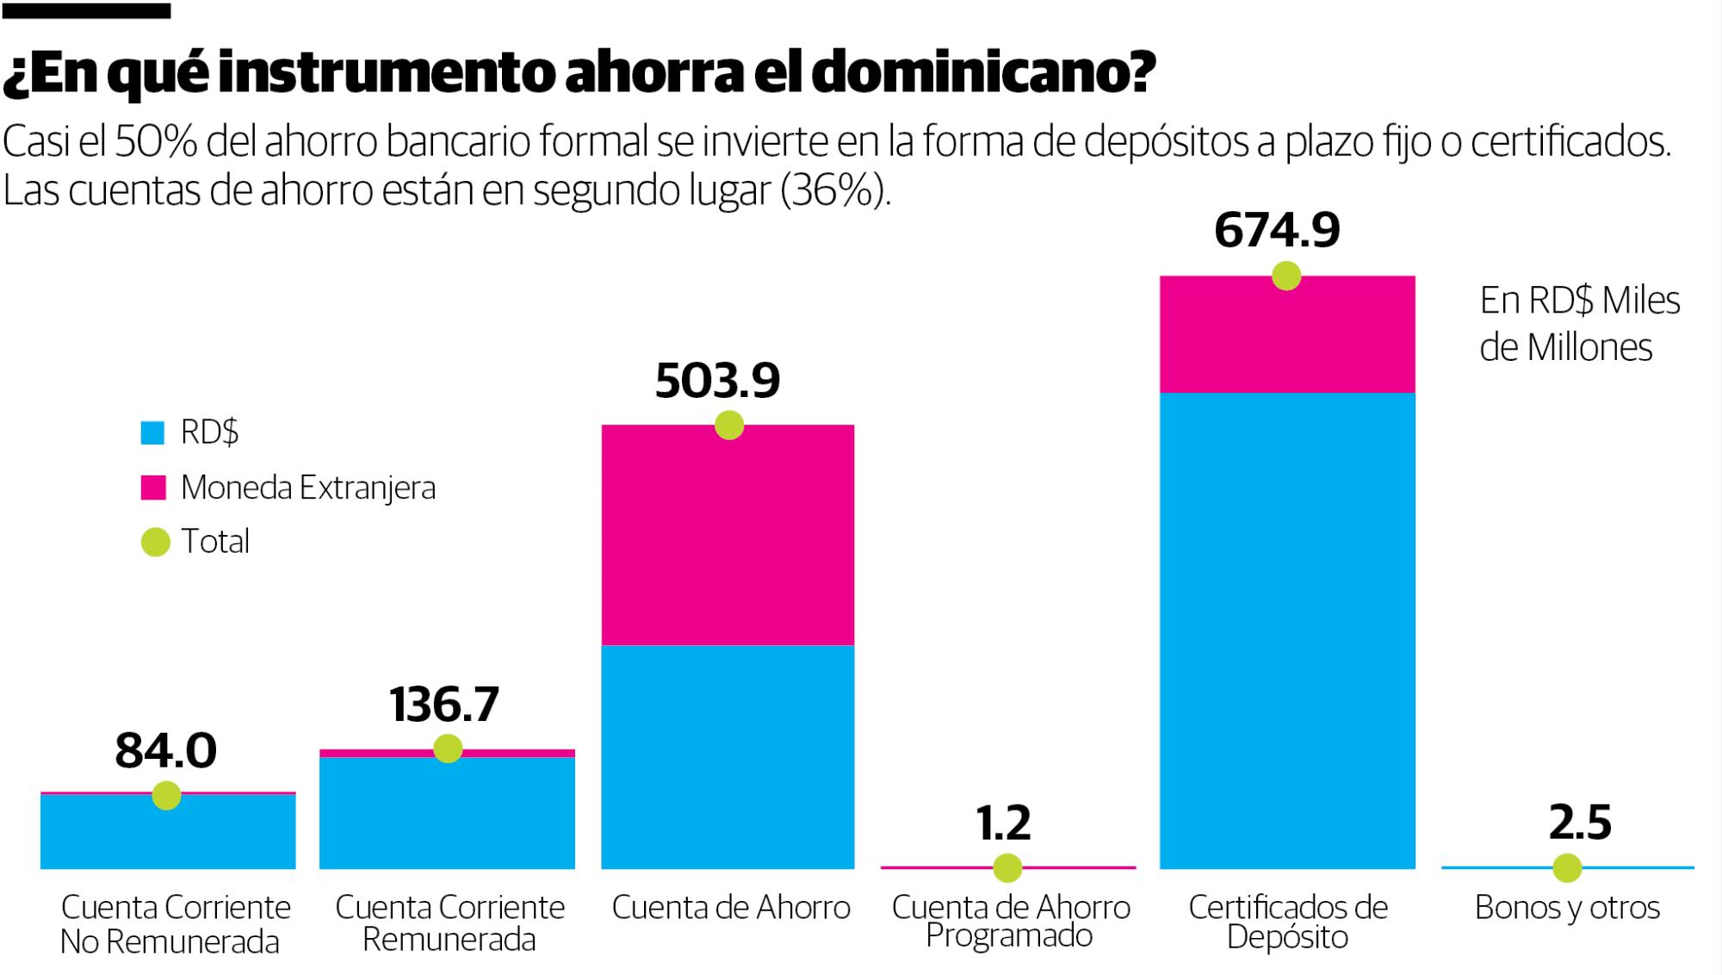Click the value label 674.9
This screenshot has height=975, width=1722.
click(1277, 230)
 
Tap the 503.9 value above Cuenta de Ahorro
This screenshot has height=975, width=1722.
click(717, 381)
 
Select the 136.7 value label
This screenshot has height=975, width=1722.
click(443, 705)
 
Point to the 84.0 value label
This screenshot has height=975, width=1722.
click(165, 750)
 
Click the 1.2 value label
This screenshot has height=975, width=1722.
click(1003, 823)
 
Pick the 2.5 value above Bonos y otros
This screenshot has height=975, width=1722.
click(1579, 823)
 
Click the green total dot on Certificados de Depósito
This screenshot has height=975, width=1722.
click(1286, 276)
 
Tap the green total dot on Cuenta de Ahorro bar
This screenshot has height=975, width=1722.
click(729, 425)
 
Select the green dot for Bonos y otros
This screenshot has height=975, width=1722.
click(1567, 867)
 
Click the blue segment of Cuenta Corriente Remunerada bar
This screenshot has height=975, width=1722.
click(447, 814)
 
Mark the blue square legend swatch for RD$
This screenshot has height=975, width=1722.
click(152, 432)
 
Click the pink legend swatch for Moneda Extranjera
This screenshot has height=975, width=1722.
click(152, 487)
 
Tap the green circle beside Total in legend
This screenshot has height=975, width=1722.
click(155, 542)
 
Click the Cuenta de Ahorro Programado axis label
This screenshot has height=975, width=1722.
click(1010, 921)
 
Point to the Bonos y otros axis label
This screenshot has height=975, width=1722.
click(1567, 907)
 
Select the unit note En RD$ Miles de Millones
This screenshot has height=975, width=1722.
click(1578, 324)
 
